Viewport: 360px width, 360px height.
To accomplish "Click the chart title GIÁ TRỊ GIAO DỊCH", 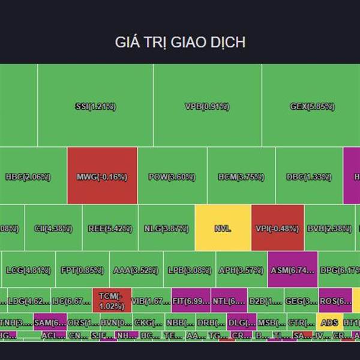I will pos(180,43).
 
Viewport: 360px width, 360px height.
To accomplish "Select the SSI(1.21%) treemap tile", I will pos(95,107).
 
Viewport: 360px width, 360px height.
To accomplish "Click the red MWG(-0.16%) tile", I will pos(102,176).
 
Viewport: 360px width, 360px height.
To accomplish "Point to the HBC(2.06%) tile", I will pos(28,176).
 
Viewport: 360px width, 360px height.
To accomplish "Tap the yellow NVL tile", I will pos(223,228).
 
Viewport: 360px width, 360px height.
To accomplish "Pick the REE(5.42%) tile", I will pos(110,228).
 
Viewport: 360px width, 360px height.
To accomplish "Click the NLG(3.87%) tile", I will pos(167,228).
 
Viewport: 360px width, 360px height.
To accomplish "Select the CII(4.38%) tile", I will pos(53,228).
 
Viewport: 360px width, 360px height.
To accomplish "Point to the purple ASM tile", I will pos(292,270).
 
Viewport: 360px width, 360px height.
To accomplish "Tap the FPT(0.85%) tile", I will pos(82,270).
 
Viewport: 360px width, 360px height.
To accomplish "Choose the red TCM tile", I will pos(112,301).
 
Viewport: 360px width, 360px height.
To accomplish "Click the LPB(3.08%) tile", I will pos(189,270).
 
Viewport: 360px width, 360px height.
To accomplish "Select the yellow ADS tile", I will pos(329,322).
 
